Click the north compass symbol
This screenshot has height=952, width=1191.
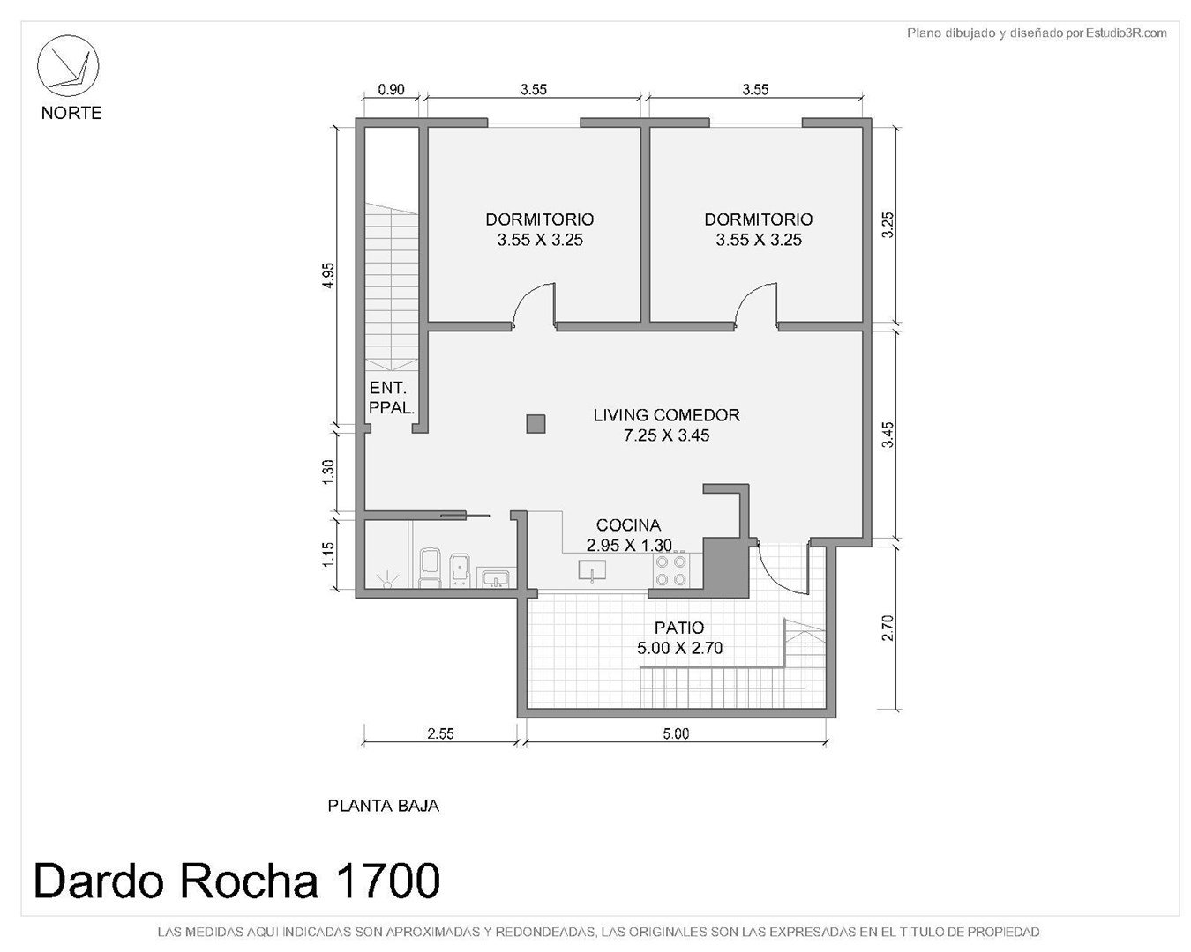click(68, 65)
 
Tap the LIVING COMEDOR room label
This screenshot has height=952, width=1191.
click(666, 415)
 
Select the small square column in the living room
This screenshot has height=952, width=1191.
click(536, 424)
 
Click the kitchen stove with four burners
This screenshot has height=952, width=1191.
click(671, 570)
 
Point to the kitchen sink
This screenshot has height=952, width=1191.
click(592, 569)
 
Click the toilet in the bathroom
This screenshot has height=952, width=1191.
click(430, 568)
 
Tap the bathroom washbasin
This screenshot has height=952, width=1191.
click(496, 578)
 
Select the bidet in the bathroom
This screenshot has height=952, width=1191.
click(460, 569)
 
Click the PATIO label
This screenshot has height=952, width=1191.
click(679, 628)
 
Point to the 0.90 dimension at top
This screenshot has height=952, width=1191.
click(391, 90)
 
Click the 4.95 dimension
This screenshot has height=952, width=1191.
click(329, 275)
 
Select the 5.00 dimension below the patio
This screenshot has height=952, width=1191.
click(676, 733)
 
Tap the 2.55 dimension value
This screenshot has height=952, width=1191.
click(440, 733)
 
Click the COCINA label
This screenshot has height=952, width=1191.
click(628, 524)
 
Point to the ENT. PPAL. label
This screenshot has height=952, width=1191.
click(392, 398)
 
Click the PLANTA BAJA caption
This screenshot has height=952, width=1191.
click(384, 806)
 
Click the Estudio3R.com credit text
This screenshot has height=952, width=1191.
click(1126, 33)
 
